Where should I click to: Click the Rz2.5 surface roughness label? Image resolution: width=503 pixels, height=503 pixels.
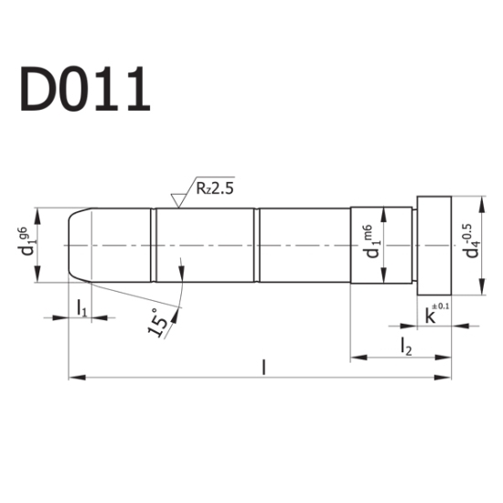(215, 189)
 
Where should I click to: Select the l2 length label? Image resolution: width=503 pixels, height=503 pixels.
(404, 345)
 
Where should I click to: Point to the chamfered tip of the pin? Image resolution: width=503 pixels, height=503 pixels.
(80, 246)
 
